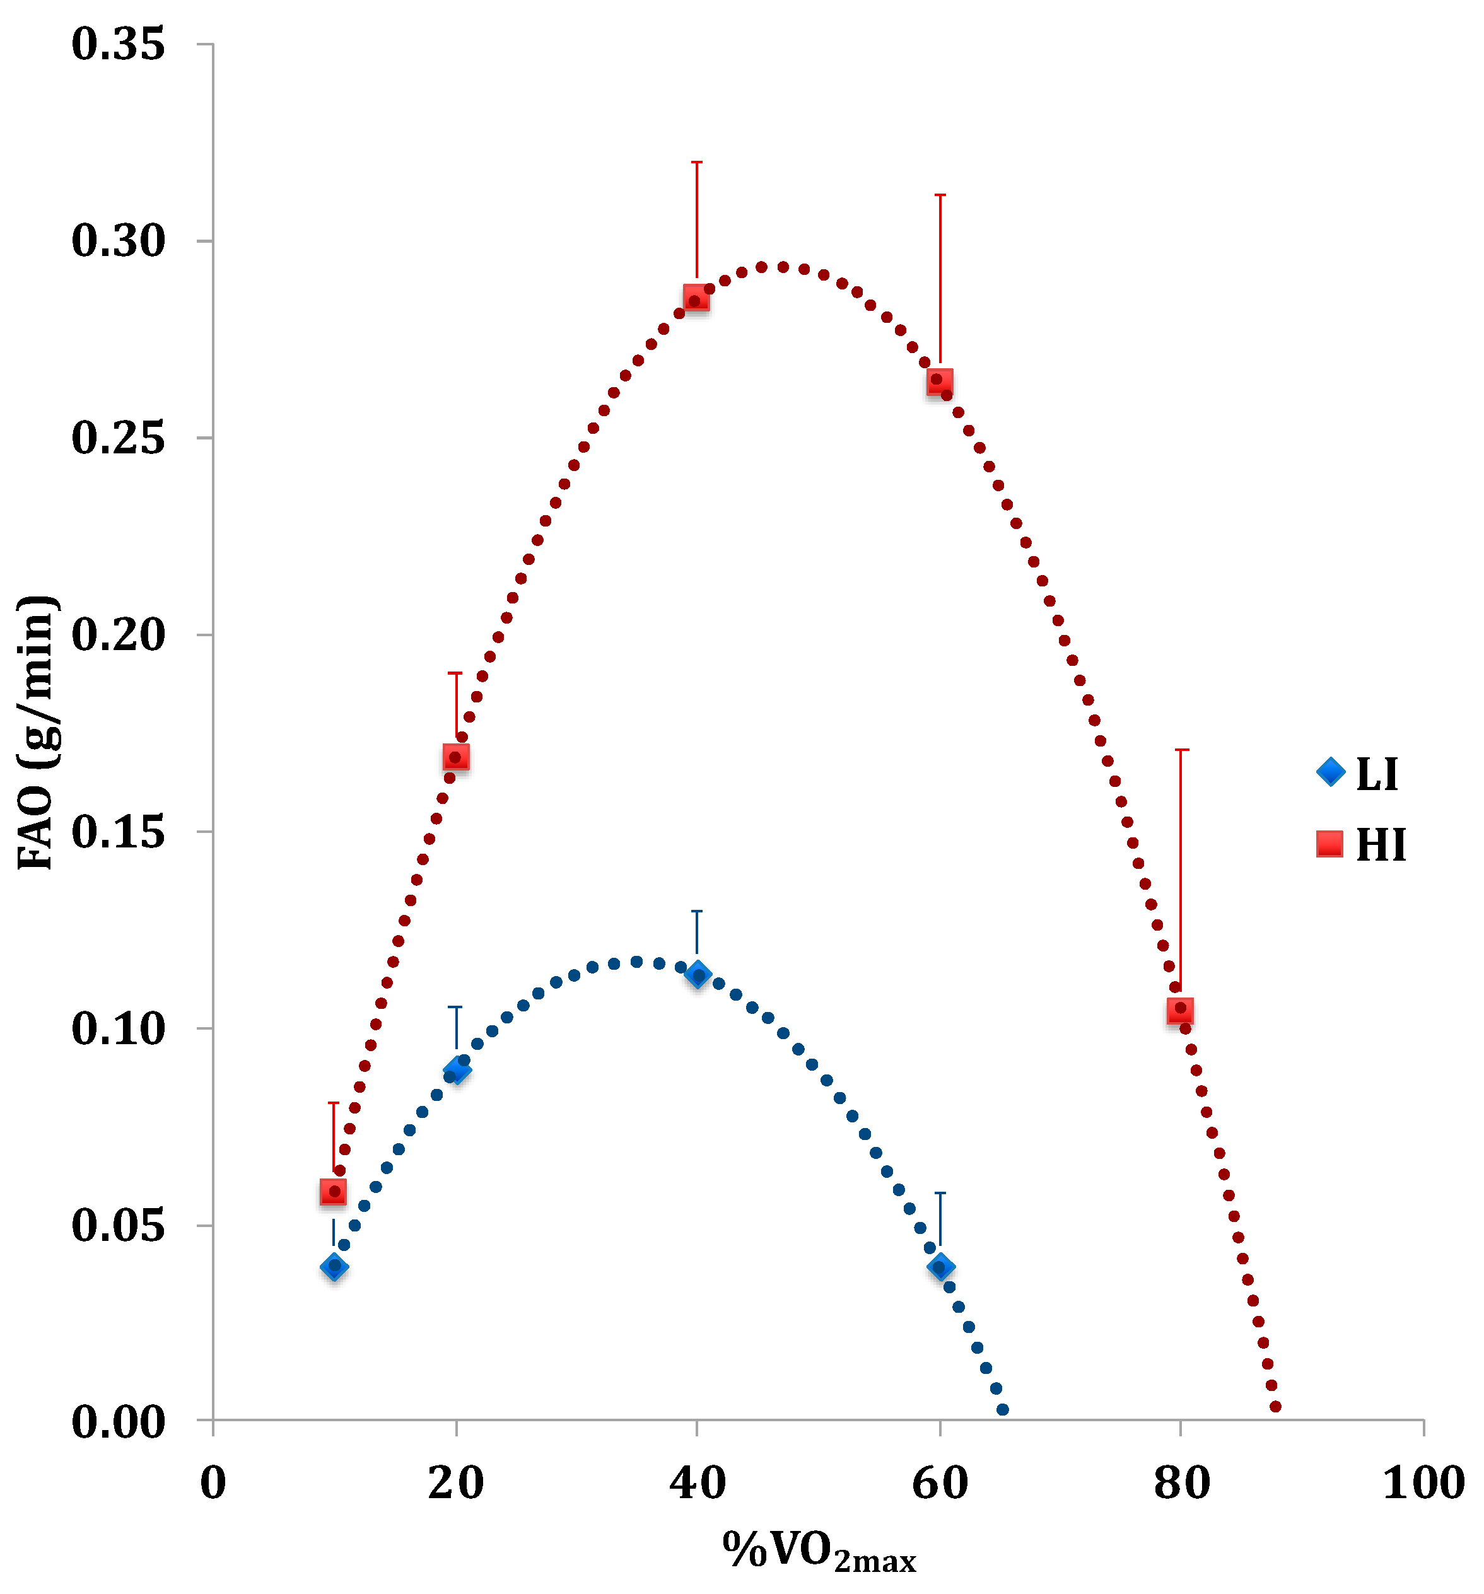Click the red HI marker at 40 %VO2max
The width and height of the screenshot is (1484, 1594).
click(696, 299)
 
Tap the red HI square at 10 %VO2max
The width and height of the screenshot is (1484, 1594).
click(333, 1192)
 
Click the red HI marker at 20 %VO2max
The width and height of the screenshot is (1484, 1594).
click(455, 757)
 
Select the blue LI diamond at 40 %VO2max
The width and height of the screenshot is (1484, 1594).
click(697, 975)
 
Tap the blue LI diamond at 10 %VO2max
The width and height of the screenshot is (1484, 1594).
click(334, 1267)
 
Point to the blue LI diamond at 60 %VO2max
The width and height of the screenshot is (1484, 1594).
click(940, 1267)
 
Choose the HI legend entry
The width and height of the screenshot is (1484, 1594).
click(1360, 844)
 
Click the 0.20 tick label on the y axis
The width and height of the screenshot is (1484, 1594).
click(118, 634)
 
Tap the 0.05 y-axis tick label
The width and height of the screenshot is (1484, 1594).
click(118, 1225)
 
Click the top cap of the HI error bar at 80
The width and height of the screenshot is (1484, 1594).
click(1181, 750)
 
